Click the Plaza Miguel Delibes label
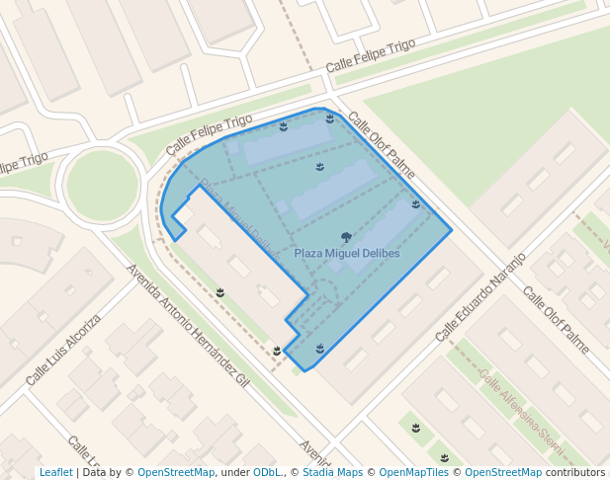(347, 254)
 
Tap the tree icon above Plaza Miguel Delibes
(346, 237)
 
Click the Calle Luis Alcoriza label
(63, 350)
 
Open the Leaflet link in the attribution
(55, 473)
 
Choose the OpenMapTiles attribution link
(417, 473)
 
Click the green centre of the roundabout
(102, 184)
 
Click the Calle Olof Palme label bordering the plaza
(382, 150)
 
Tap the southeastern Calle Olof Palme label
(556, 320)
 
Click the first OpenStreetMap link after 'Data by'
(175, 473)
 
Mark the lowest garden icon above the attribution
(445, 458)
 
